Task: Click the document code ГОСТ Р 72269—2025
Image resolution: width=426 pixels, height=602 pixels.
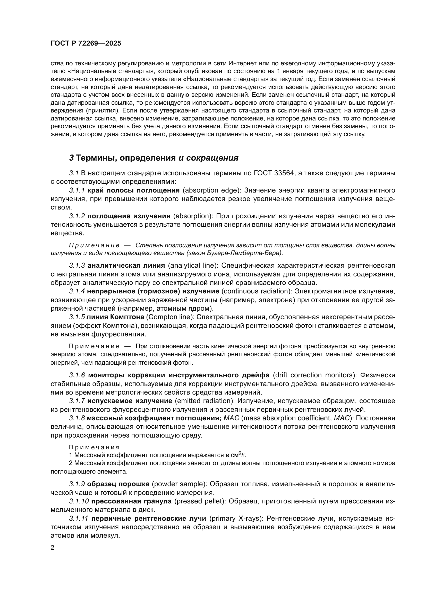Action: point(86,43)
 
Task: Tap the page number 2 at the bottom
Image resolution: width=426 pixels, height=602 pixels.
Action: point(53,548)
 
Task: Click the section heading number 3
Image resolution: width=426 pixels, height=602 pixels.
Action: point(71,158)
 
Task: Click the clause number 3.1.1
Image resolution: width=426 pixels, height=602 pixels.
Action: point(77,190)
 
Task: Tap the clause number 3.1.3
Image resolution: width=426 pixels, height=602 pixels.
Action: point(77,265)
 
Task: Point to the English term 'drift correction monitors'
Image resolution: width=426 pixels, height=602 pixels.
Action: point(313,375)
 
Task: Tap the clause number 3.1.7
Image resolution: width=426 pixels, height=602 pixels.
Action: point(77,401)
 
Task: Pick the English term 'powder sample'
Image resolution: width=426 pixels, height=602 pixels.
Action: point(179,484)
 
